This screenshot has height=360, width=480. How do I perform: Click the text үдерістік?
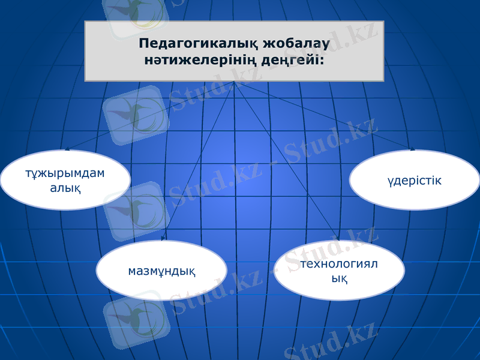(x=415, y=180)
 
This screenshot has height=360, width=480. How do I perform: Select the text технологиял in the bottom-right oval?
(x=343, y=264)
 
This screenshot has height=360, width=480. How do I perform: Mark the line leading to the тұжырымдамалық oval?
(x=150, y=115)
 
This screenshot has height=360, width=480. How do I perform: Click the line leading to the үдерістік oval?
(x=324, y=115)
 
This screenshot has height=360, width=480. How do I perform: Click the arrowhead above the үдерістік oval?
(x=412, y=148)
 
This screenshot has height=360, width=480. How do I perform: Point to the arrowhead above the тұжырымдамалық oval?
(x=67, y=148)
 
